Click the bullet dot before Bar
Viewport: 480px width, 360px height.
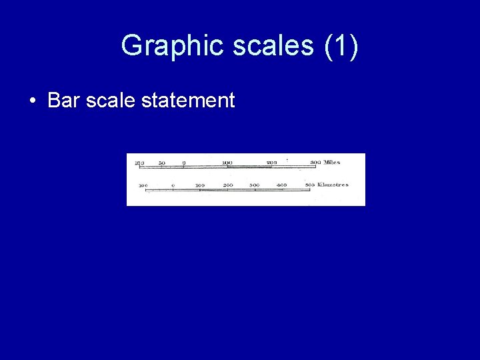pyautogui.click(x=32, y=101)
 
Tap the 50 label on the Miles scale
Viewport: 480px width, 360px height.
pyautogui.click(x=161, y=163)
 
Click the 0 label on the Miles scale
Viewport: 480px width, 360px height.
pyautogui.click(x=183, y=163)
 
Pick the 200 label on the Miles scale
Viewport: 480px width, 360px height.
pyautogui.click(x=271, y=163)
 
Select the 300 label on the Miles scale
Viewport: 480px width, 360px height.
pyautogui.click(x=315, y=163)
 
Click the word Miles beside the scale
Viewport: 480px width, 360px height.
pyautogui.click(x=332, y=163)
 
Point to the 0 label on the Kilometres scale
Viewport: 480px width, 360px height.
pyautogui.click(x=173, y=185)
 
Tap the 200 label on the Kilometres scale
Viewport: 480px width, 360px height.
pyautogui.click(x=228, y=185)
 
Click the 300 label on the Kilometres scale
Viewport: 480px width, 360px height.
pyautogui.click(x=255, y=185)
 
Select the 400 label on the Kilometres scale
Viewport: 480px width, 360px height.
pyautogui.click(x=282, y=185)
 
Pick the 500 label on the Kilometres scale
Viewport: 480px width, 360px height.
pyautogui.click(x=310, y=185)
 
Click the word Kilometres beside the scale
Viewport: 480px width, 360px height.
pyautogui.click(x=333, y=185)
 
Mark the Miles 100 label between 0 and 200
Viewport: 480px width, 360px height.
pyautogui.click(x=227, y=163)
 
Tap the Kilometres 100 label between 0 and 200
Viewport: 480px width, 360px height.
pyautogui.click(x=200, y=185)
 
